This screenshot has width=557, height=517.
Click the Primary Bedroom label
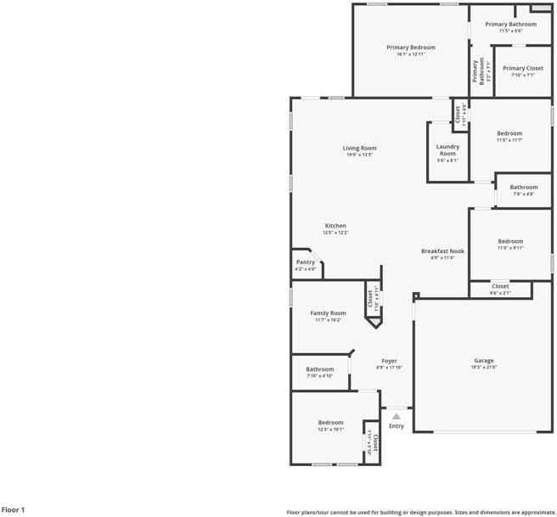pos(410,48)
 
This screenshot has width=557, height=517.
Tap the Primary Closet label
pos(523,68)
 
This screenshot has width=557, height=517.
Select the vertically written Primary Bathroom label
pos(475,70)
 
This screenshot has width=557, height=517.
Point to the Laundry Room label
pos(447,150)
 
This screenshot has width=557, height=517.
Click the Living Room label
pos(359,148)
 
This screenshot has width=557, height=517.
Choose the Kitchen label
pos(335,226)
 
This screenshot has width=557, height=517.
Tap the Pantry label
pos(306,262)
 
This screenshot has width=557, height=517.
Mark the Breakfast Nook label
pos(442,251)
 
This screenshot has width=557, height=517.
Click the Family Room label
pos(328,313)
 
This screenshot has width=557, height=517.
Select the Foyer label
pos(389,361)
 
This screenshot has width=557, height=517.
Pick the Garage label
pos(484,361)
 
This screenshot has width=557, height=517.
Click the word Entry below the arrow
pos(397,426)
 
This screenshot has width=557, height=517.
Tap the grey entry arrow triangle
pos(396,416)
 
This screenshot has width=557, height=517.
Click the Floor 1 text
pos(14,509)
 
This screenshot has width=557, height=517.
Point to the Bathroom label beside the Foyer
pos(320,369)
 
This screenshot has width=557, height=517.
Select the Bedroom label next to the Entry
pos(330,423)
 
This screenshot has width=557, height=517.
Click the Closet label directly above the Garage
pos(500,286)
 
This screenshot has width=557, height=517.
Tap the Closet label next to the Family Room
pos(370,299)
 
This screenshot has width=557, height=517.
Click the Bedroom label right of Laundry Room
pos(509,133)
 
